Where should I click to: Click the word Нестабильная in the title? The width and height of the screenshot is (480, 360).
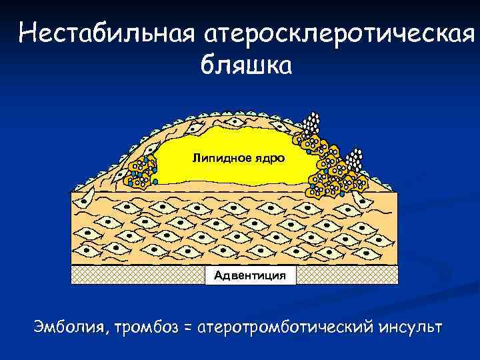click(103, 33)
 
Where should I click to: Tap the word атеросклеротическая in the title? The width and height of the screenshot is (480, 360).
click(334, 33)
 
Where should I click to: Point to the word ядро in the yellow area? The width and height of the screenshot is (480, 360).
click(269, 159)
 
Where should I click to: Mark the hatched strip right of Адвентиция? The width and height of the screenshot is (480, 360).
click(346, 275)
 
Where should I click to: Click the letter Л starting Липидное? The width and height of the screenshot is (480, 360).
click(195, 158)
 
